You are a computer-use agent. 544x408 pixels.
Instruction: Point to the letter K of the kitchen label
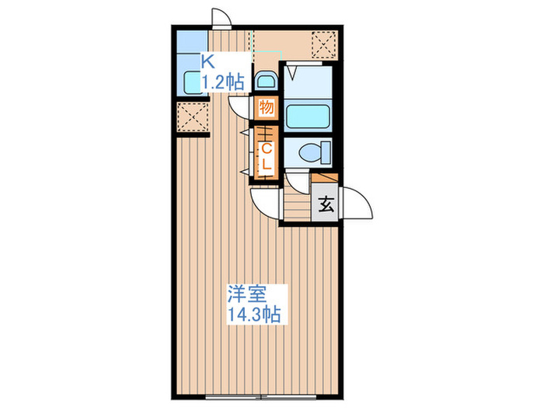[x=208, y=60]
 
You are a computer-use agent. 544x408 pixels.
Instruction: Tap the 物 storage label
[x=266, y=107]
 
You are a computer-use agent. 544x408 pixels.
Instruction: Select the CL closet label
[x=266, y=155]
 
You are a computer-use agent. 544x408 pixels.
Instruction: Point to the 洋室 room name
[x=247, y=295]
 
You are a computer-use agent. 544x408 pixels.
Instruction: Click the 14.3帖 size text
[x=253, y=315]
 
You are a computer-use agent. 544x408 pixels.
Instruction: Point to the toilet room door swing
[x=297, y=180]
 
